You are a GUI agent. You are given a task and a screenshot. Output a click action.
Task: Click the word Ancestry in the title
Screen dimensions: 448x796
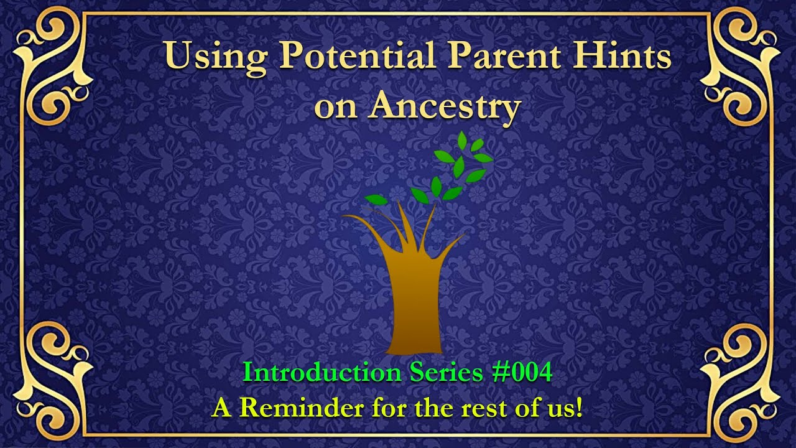(x=444, y=106)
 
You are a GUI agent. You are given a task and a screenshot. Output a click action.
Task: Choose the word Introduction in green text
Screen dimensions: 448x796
(x=322, y=373)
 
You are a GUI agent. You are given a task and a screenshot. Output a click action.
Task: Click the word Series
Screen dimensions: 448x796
(x=445, y=373)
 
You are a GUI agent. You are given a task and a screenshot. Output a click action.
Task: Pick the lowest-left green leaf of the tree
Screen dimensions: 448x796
(x=376, y=199)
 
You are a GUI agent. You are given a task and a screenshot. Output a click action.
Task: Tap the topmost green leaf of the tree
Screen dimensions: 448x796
(x=461, y=141)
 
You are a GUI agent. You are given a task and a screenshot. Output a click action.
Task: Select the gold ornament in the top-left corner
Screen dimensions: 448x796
(x=53, y=65)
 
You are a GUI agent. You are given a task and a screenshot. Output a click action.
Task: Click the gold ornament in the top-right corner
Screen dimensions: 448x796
(x=741, y=65)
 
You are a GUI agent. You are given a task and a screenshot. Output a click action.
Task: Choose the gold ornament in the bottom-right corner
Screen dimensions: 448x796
(x=741, y=381)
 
